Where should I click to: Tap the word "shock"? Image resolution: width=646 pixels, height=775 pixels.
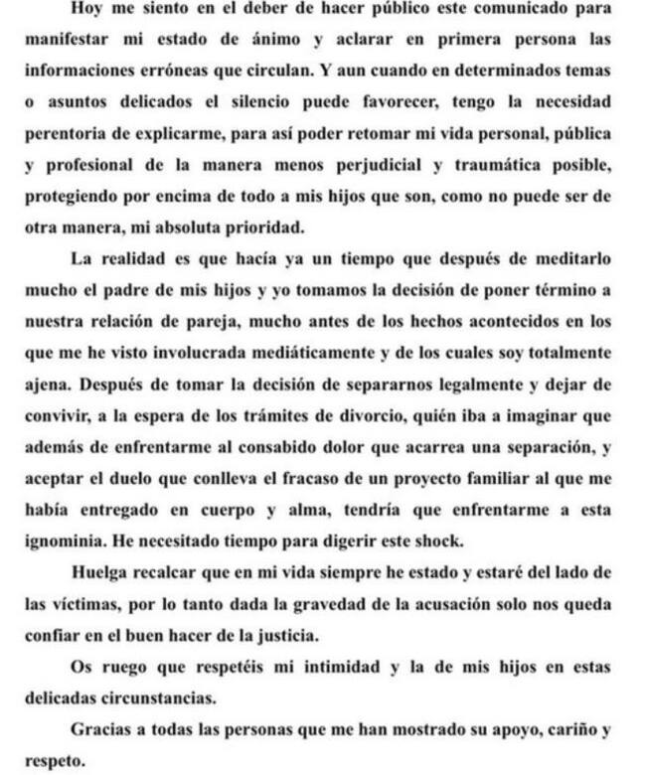(x=462, y=541)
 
